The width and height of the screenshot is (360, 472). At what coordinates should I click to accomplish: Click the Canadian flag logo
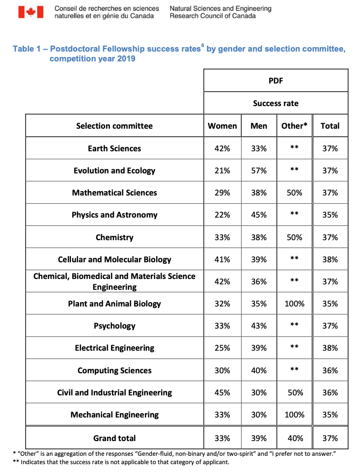pos(31,12)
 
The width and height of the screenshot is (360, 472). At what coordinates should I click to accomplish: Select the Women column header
pos(222,126)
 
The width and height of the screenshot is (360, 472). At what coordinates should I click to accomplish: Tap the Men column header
pos(259,126)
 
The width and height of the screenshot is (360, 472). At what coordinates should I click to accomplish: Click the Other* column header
pos(295,126)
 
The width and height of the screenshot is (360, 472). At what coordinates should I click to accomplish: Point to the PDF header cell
pos(276,81)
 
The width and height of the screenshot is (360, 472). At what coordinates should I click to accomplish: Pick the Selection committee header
pos(114,126)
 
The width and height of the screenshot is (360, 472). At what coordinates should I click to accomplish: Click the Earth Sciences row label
pos(114,148)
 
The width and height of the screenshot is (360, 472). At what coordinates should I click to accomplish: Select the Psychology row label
pos(114,326)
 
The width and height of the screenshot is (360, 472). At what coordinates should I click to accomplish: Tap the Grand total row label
pos(114,438)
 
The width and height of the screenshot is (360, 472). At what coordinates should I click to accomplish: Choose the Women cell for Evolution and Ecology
pos(222,170)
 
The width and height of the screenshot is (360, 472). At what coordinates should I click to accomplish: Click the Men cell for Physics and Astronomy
pos(259,215)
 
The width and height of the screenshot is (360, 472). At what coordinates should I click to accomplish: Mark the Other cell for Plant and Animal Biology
pos(295,304)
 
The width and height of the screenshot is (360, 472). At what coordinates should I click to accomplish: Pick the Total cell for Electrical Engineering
pos(330,348)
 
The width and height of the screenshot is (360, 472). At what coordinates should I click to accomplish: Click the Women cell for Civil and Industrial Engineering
pos(222,392)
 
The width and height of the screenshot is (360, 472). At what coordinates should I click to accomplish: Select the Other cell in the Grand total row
pos(295,438)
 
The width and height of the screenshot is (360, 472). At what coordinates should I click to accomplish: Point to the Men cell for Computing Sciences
pos(259,370)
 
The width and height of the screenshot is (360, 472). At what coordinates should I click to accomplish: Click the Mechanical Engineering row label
pos(114,415)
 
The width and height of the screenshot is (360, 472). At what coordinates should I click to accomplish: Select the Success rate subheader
pos(276,103)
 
